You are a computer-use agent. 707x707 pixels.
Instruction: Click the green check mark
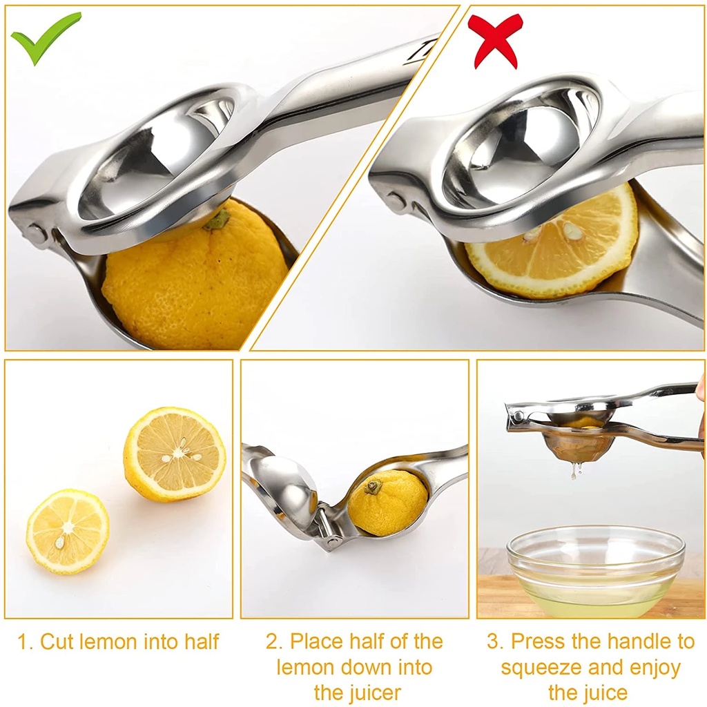point(44,38)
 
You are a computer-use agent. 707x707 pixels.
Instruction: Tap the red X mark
point(494,40)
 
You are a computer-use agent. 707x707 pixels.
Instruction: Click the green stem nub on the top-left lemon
point(219,220)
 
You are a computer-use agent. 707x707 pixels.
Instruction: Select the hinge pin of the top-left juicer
point(34,232)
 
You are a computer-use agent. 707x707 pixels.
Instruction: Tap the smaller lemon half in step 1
point(68,531)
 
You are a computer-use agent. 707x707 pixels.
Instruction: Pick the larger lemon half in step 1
point(174,454)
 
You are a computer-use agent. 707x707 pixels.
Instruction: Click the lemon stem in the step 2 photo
point(373,487)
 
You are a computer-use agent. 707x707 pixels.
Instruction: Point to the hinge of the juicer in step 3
point(516,416)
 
